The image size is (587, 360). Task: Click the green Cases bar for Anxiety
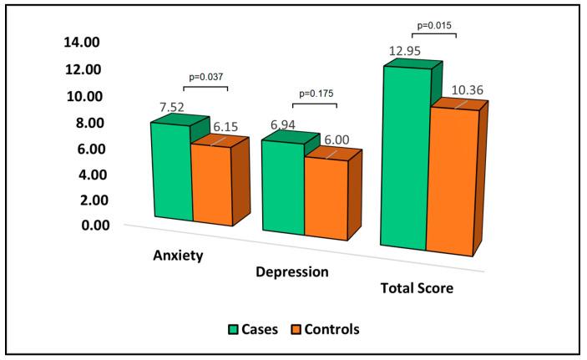[x=171, y=171]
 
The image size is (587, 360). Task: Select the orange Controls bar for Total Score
[x=450, y=180]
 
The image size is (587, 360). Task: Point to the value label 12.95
[x=403, y=52]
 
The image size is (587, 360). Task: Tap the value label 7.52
[x=168, y=107]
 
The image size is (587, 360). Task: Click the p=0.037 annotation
[x=205, y=77]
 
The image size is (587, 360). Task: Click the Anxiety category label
[x=179, y=255]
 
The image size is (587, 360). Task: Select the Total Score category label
[x=416, y=289]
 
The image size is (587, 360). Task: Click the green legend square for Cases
[x=235, y=329]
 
